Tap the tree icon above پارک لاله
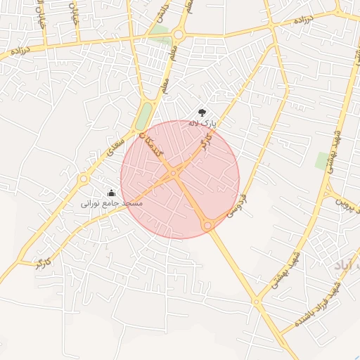point(202,112)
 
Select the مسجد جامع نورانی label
point(112,203)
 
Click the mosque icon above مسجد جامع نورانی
point(111,193)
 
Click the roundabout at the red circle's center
point(173,173)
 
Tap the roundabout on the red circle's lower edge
point(207,225)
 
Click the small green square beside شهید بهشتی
point(322,161)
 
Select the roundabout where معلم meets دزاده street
point(179,33)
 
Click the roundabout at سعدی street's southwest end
point(84,178)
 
